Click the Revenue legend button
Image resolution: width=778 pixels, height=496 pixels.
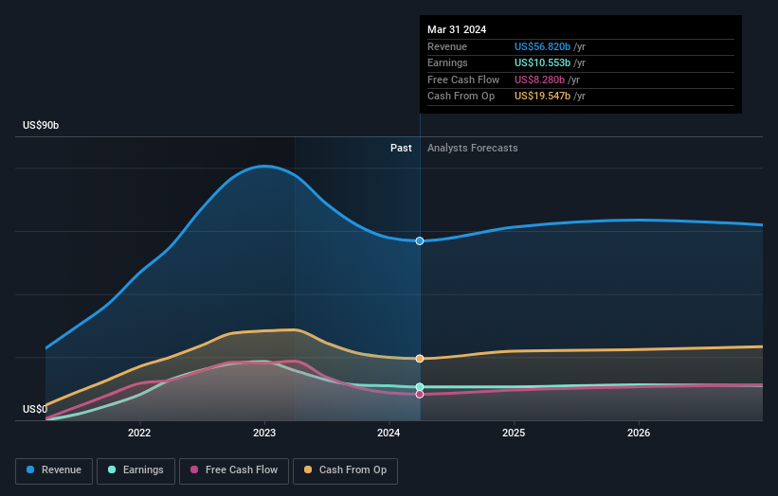(54, 469)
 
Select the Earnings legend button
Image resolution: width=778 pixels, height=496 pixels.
(136, 469)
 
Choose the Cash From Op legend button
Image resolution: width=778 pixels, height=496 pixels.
(345, 469)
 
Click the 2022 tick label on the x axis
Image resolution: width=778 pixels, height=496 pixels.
(139, 434)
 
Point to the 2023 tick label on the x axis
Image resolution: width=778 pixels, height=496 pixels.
(264, 434)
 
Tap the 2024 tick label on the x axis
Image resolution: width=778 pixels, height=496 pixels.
(389, 434)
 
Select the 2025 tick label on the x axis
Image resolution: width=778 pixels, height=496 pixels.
(514, 434)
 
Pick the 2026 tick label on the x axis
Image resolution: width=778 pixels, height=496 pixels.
(639, 434)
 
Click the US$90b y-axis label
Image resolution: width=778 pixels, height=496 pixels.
(44, 126)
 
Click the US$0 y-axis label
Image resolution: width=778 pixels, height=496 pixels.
(35, 409)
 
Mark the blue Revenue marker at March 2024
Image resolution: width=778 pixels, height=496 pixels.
(420, 241)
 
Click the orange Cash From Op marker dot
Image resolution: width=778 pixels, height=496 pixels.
(420, 359)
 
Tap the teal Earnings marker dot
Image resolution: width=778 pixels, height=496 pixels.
(420, 387)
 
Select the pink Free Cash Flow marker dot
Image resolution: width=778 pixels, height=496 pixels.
(420, 395)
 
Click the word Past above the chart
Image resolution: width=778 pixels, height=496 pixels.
(401, 148)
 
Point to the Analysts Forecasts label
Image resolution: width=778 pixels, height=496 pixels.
(473, 148)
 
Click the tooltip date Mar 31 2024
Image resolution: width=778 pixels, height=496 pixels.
(457, 29)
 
